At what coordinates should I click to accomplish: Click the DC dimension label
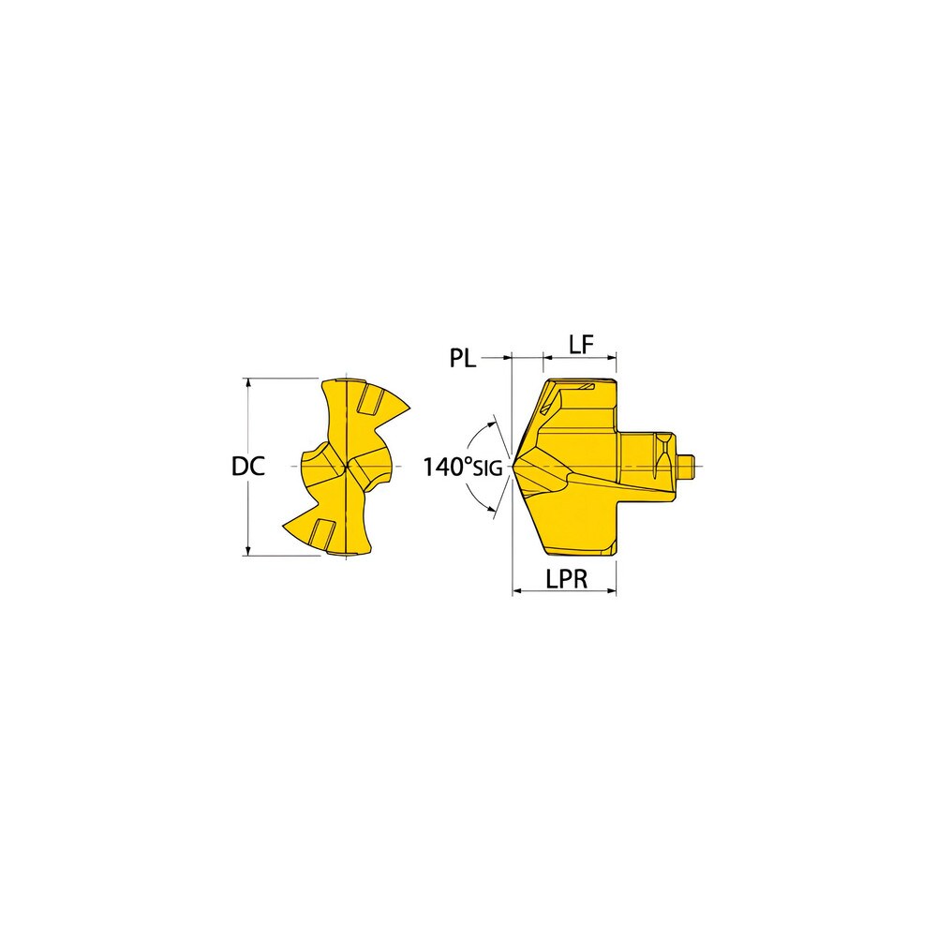248,466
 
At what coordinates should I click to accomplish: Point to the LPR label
566,580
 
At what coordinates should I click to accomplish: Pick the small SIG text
487,468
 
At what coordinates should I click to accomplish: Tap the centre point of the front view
347,466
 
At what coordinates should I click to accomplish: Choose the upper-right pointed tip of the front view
409,405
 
